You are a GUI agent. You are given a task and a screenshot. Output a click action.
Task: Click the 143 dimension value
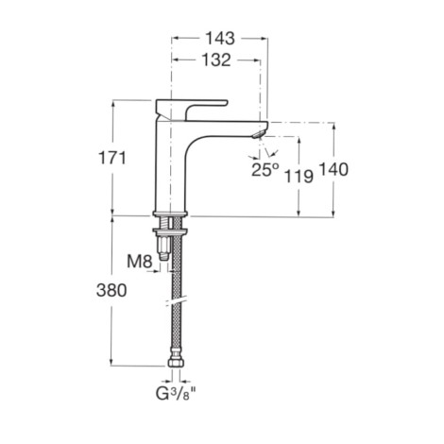[220, 39]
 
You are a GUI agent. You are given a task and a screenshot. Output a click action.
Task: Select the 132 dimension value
[216, 60]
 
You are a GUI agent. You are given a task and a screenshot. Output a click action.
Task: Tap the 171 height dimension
[112, 158]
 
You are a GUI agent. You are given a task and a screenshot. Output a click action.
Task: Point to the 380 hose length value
[111, 290]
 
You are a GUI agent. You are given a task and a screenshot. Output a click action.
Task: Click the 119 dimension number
[299, 176]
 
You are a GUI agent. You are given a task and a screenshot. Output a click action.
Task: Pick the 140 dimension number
[333, 169]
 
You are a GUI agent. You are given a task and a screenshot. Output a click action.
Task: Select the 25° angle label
[265, 170]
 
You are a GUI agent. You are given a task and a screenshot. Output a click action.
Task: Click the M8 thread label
[140, 262]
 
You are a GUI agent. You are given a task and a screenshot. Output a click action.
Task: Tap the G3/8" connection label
[177, 393]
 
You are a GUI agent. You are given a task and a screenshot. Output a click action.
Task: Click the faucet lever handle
[189, 107]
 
